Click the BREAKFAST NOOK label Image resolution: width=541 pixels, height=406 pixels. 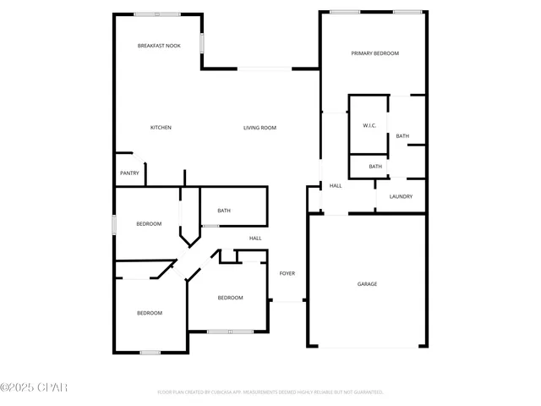coord(160,46)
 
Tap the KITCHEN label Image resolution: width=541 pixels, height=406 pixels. coord(161,128)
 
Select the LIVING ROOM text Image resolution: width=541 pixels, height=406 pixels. coord(260,128)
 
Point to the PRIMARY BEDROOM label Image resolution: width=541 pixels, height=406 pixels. coord(374,53)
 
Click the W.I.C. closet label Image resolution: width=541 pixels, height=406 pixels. coord(369,125)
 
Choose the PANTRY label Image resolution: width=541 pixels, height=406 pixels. coord(129,173)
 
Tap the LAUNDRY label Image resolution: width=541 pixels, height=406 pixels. coord(401,197)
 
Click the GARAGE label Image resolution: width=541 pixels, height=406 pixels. coord(367,284)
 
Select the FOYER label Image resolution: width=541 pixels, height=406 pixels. coord(287,274)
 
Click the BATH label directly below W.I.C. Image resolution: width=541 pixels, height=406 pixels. coord(375,167)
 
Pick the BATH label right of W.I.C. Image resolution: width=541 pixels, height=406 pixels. coord(402,136)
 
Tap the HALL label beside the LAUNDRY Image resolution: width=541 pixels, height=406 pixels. coord(336,186)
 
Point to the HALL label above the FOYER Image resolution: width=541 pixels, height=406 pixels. coord(255,239)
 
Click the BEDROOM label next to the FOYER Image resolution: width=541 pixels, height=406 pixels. coord(230,298)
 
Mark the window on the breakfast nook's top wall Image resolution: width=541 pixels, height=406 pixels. coord(156,14)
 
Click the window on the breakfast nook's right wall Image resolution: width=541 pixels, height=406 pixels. coord(201,42)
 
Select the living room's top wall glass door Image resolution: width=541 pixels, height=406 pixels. coord(265,69)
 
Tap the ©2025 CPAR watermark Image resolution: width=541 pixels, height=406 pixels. coord(34,388)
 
